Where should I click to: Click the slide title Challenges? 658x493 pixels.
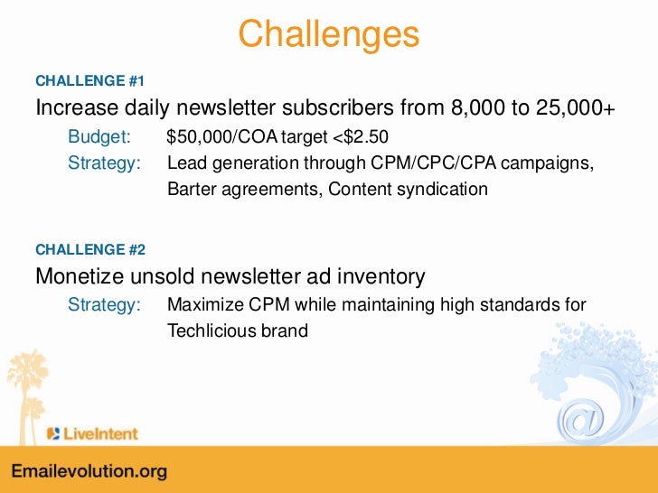coord(329,34)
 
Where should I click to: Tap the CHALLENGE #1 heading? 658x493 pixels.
coord(89,80)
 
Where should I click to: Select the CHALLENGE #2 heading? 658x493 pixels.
coord(89,248)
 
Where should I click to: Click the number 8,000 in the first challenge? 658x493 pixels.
coord(477,109)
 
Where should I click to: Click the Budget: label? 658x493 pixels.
coord(99,138)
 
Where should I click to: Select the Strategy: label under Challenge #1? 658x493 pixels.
coord(105,164)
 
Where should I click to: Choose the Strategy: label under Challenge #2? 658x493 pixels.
coord(105,305)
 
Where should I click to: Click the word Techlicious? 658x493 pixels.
coord(212,330)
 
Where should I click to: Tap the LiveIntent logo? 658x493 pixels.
coord(93,433)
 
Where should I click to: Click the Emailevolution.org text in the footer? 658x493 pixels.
coord(89,472)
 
